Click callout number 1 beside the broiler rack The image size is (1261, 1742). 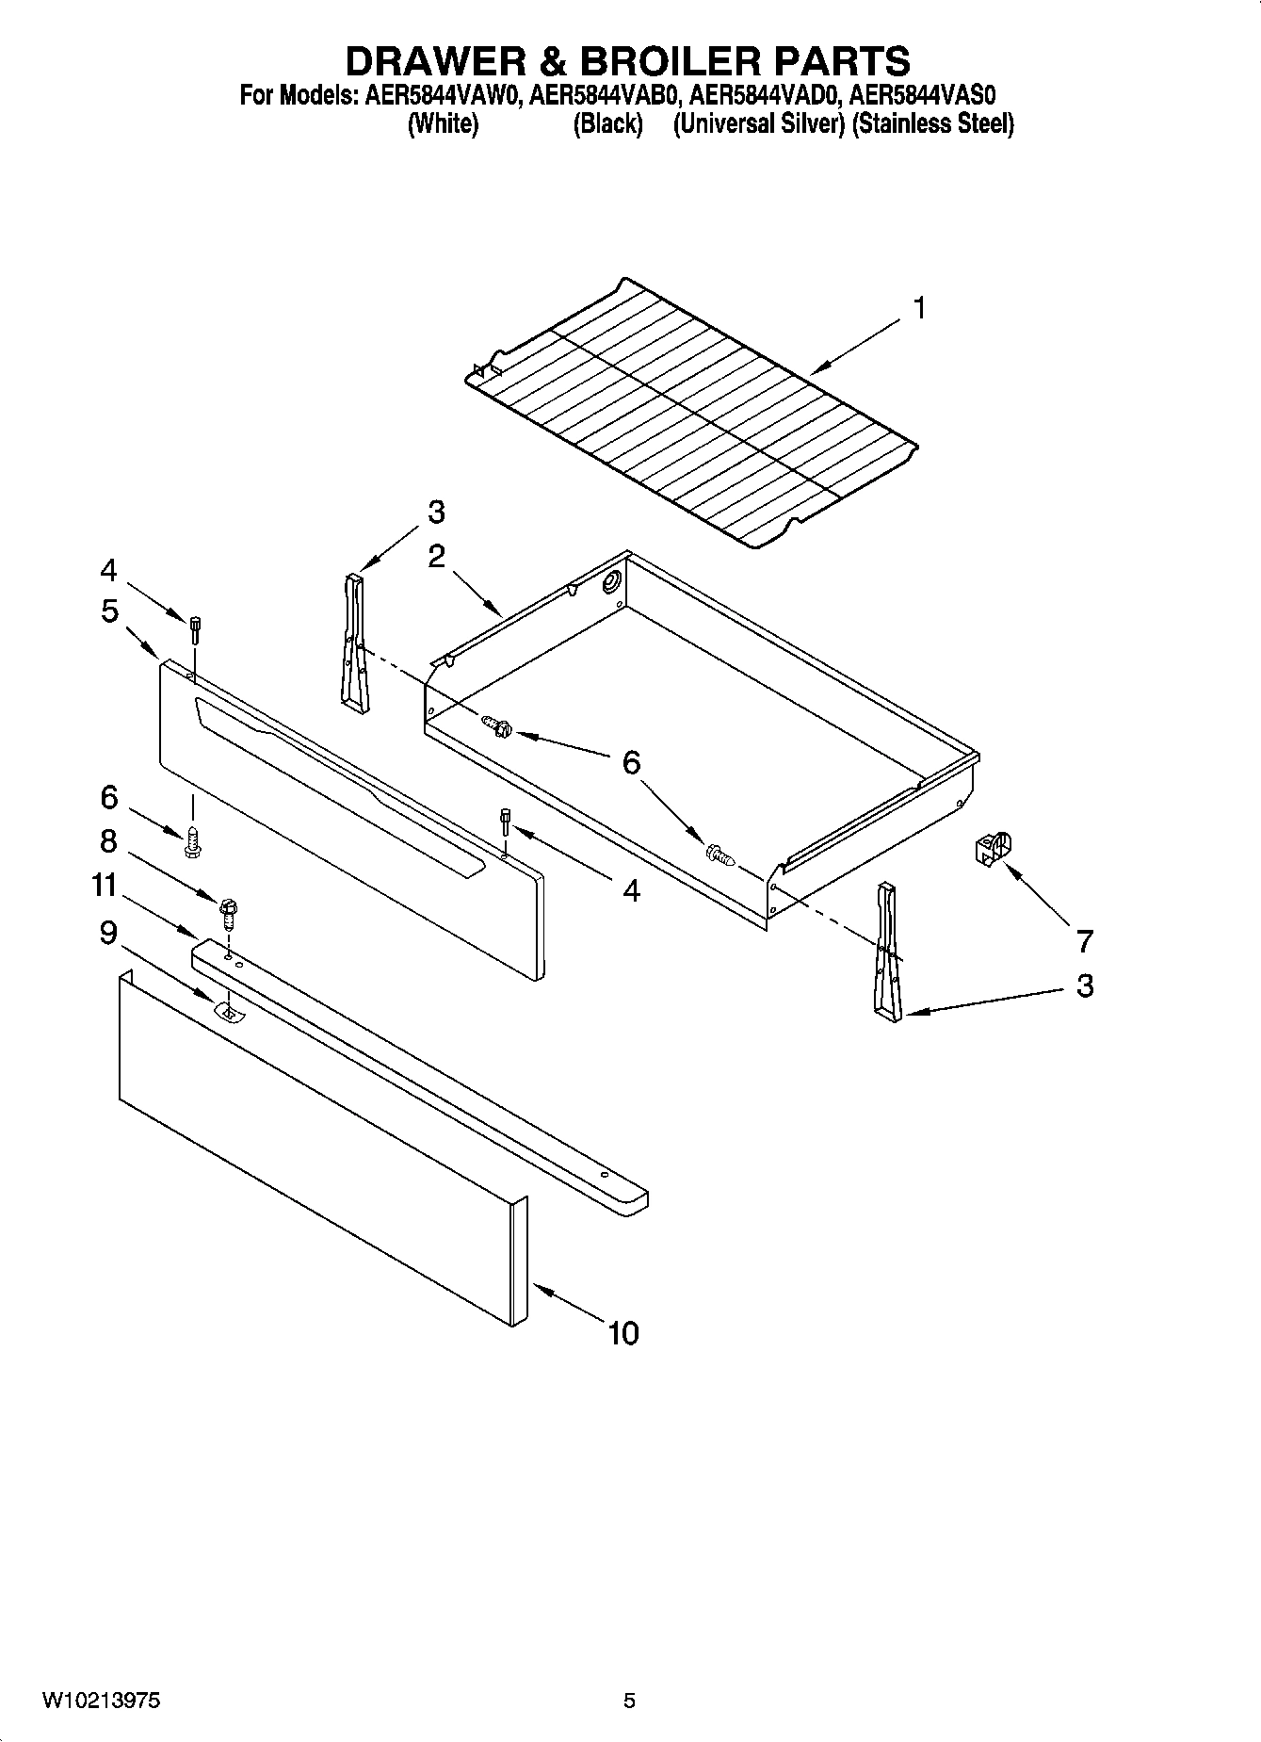tap(919, 308)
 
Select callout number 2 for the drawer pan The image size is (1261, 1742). tap(436, 556)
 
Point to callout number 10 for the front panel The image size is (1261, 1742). tap(623, 1332)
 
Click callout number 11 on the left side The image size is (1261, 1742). tap(105, 886)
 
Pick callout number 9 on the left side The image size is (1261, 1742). tap(108, 933)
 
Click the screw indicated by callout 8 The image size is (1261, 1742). tap(228, 910)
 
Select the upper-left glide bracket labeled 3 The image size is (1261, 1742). tap(354, 638)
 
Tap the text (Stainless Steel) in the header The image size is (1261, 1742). tap(932, 124)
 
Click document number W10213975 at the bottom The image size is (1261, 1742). tap(101, 1701)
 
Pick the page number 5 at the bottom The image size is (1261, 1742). tap(629, 1701)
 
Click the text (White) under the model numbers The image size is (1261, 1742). tap(443, 124)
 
